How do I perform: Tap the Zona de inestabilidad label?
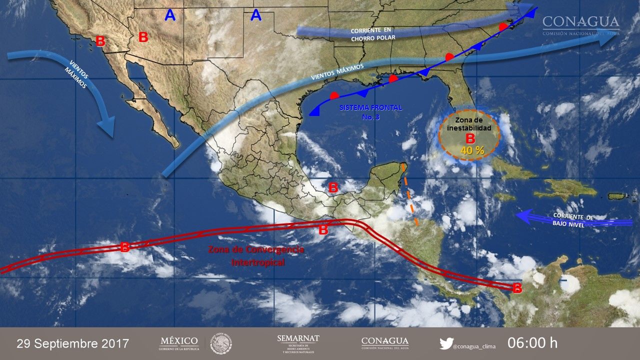(469, 124)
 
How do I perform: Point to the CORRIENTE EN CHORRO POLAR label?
(373, 34)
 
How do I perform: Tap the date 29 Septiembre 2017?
(73, 344)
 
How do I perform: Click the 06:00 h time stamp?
(532, 343)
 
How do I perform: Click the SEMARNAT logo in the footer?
(298, 343)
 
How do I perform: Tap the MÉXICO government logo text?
(178, 343)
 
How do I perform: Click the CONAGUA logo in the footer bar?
(384, 343)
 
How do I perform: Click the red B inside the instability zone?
(470, 138)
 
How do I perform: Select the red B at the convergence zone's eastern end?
(517, 288)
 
